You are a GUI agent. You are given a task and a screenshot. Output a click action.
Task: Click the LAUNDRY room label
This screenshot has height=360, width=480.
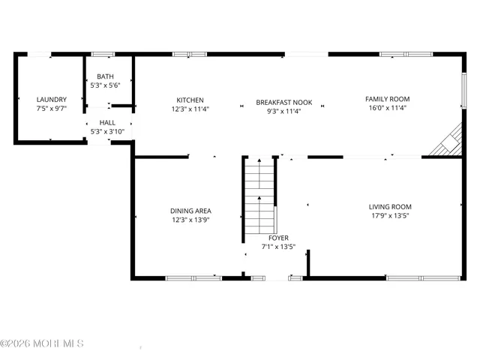[x=52, y=99]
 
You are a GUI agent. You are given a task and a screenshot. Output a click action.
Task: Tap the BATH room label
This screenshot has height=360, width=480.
[x=105, y=76]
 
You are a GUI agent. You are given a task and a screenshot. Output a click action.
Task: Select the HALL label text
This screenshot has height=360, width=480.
[x=107, y=122]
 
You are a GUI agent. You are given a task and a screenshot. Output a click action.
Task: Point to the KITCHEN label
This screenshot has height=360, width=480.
[x=190, y=100]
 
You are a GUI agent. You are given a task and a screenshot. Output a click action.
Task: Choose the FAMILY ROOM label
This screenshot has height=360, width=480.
[x=387, y=98]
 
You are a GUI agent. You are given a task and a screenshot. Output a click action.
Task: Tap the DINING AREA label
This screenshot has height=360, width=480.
[x=190, y=211]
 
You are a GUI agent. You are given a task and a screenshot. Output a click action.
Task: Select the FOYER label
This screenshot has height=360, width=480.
[x=278, y=238]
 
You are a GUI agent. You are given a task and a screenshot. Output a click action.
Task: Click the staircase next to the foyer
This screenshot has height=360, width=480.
[x=259, y=196]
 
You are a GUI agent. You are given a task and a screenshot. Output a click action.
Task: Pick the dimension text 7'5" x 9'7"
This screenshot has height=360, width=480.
[x=52, y=109]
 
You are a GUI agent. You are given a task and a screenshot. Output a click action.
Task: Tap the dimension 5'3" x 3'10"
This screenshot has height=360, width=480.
[x=107, y=132]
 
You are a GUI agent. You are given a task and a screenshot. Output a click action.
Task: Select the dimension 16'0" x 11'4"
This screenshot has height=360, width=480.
[x=387, y=108]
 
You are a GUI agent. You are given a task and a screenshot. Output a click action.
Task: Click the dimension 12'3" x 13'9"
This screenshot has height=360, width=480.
[x=190, y=220]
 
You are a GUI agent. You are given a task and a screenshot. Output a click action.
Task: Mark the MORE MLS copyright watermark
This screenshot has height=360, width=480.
[x=42, y=343]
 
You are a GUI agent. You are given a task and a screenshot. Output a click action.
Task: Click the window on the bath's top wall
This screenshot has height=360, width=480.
[x=103, y=54]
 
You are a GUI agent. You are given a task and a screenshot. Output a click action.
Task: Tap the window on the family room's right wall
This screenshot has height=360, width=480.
[x=464, y=88]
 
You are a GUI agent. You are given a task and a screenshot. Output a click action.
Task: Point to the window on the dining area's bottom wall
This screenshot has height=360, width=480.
[x=193, y=278]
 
